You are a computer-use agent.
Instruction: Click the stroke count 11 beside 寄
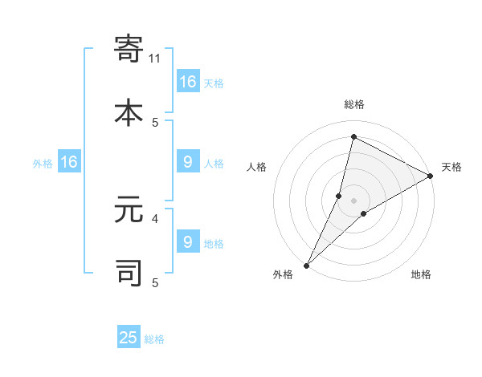[x=155, y=58]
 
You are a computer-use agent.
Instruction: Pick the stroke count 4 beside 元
[x=155, y=217]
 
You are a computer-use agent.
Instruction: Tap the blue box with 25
[x=129, y=338]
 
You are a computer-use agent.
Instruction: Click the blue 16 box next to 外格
[x=69, y=162]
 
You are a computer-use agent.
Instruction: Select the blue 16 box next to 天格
[x=188, y=82]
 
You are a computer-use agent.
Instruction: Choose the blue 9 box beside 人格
[x=188, y=162]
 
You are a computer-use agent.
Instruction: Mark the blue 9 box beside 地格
[x=188, y=241]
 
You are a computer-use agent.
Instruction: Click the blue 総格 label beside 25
[x=154, y=339]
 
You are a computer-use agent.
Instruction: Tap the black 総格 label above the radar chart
[x=353, y=104]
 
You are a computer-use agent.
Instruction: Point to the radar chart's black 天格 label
[x=451, y=167]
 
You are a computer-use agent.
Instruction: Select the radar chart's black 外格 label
[x=283, y=274]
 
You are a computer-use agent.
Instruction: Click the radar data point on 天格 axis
[x=430, y=176]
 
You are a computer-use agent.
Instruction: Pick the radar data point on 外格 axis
[x=306, y=265]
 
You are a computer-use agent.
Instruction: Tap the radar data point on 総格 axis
[x=353, y=136]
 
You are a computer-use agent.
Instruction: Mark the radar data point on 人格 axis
[x=339, y=196]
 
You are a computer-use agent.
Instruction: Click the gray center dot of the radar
[x=353, y=201]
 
